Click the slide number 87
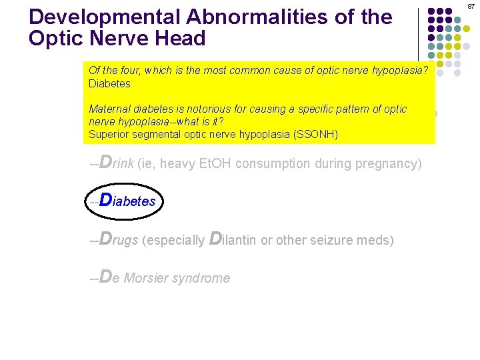[x=470, y=5]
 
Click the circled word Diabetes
[x=127, y=201]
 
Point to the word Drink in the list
[x=116, y=163]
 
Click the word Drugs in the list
[x=118, y=239]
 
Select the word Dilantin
[x=233, y=239]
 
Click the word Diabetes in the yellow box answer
[x=109, y=84]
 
